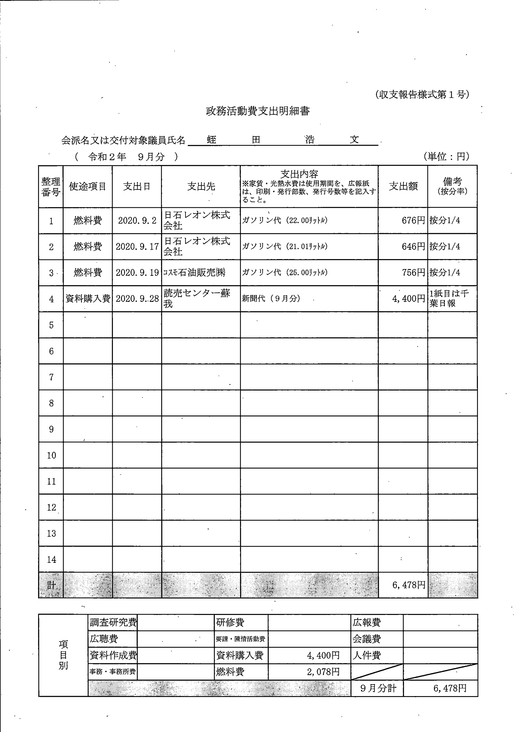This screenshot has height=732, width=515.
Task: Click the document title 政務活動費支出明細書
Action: pos(258,111)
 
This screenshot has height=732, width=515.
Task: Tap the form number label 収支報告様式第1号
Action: pos(422,95)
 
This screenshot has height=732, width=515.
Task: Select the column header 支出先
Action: pos(201,186)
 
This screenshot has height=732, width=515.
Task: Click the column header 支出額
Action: pos(403,186)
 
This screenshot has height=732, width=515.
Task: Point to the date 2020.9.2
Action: pos(137,221)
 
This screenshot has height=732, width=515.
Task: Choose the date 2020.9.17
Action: pos(137,247)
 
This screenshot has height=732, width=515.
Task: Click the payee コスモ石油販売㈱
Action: pos(194,273)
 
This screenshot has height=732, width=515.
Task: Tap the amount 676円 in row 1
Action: pos(413,220)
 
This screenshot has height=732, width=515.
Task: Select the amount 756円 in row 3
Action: pos(413,273)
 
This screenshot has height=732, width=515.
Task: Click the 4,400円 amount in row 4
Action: pos(409,299)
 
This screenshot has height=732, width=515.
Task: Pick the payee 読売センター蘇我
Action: pos(196,298)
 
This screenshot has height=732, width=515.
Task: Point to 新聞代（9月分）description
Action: pos(271,299)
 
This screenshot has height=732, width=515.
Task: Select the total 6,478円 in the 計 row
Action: pos(409,585)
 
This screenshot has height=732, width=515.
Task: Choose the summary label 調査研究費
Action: pos(113,622)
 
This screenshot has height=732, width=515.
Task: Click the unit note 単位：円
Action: pos(446,156)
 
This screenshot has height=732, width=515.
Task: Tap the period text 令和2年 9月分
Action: pos(126,157)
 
